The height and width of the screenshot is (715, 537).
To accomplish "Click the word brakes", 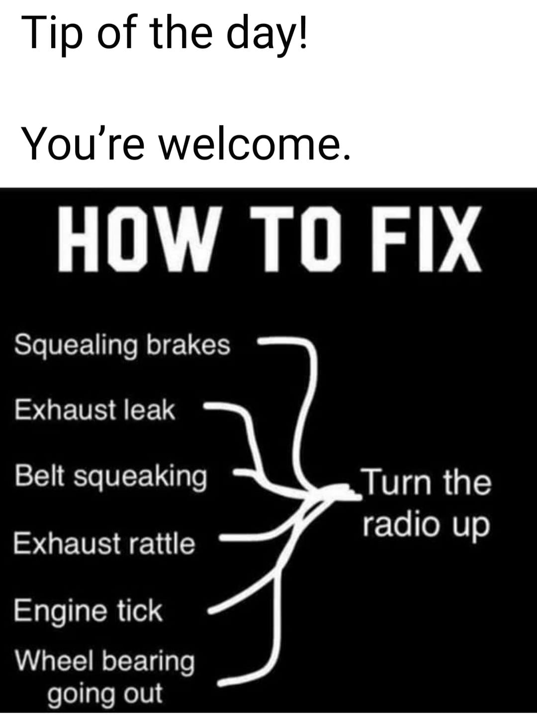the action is point(189,345).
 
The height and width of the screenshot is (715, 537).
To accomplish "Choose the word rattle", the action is point(162,542).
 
